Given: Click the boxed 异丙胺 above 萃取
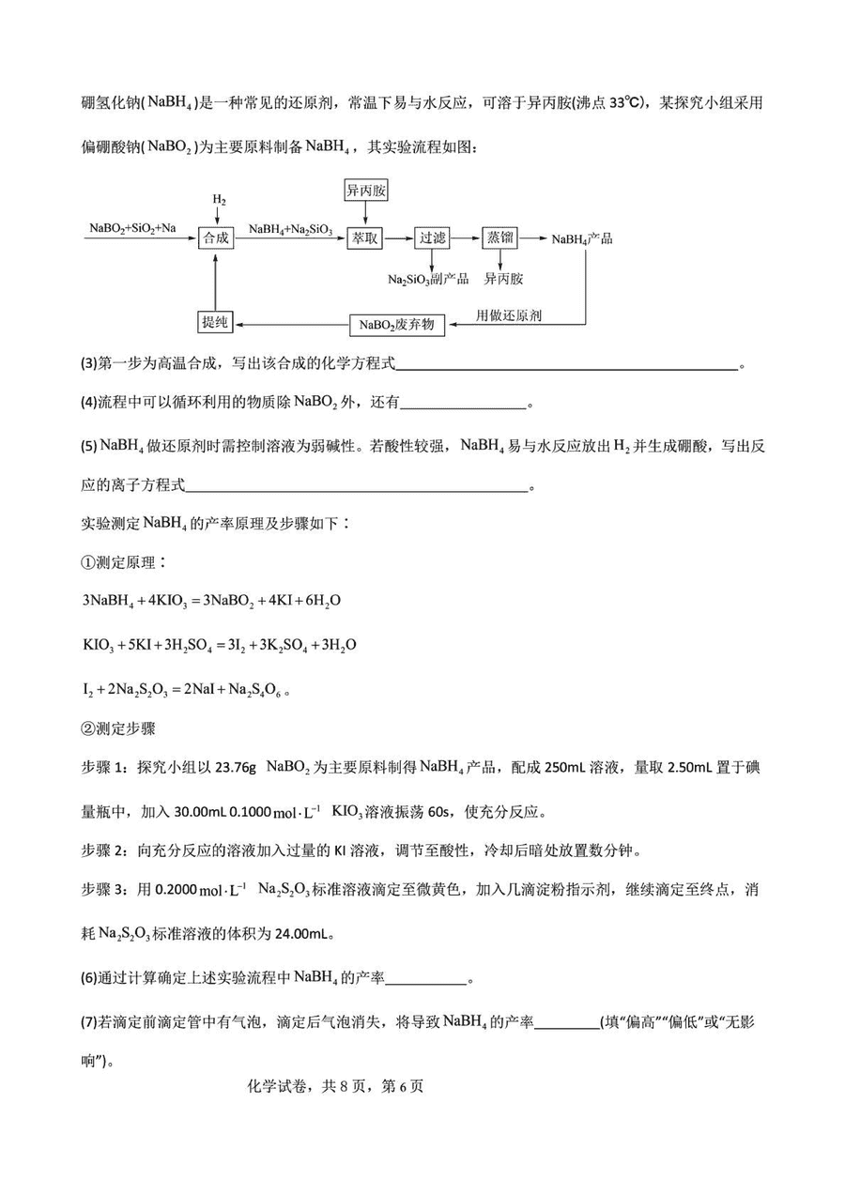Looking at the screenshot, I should [x=366, y=191].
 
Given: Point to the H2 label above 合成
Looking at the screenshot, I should [x=218, y=200].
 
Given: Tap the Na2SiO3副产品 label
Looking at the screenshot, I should [x=428, y=279].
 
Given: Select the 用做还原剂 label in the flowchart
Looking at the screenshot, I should [x=509, y=315].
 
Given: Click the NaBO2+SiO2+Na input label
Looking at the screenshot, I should [x=132, y=228].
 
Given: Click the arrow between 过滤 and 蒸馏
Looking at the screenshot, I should [x=466, y=238].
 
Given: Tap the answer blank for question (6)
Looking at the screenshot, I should [x=426, y=979].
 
